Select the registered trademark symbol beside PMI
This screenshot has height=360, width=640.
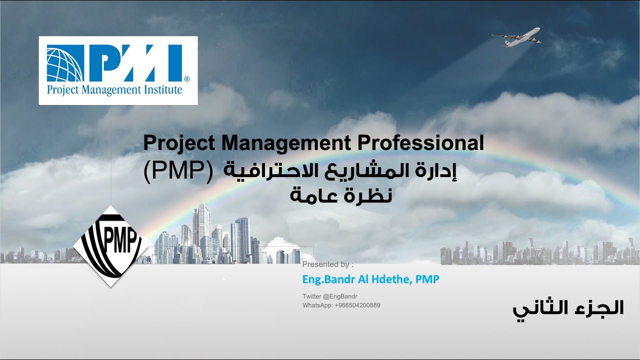point(186,79)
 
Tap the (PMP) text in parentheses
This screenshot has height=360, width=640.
point(177,171)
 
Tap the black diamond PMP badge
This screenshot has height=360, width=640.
point(112,245)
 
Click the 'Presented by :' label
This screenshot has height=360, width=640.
point(327,264)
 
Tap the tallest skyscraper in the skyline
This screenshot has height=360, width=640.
point(202,230)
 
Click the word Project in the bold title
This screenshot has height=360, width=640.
point(179,143)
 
